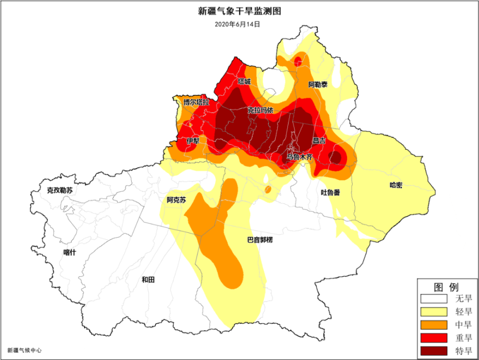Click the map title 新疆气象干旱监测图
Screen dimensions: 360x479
tap(239, 11)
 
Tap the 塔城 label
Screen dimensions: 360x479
tap(244, 81)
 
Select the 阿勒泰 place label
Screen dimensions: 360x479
tap(318, 85)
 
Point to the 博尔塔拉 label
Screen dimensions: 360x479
tap(196, 102)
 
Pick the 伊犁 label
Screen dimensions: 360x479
tap(193, 141)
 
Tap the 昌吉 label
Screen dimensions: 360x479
tap(319, 141)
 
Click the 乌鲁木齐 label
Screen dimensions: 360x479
tap(299, 156)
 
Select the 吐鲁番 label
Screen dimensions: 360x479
tap(331, 192)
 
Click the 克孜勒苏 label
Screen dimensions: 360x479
tap(60, 191)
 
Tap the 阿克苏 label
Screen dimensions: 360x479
tap(176, 200)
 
